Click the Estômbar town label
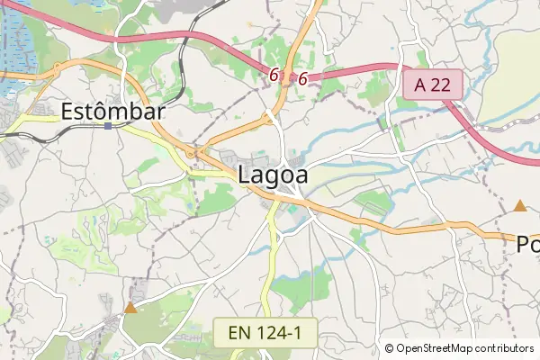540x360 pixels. pos(113,112)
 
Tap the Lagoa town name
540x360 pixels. pos(273,175)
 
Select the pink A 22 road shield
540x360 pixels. pos(433,86)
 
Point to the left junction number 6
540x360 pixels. pos(273,76)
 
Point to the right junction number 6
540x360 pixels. pos(302,79)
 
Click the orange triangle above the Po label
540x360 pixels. pos(519,206)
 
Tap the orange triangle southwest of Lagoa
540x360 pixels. pos(130,308)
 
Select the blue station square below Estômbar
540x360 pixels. pos(108,126)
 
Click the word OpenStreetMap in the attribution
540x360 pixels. pos(441,348)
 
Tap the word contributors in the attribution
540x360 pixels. pos(504,348)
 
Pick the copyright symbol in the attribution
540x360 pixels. pos(390,348)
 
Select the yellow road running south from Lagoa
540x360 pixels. pos(272,261)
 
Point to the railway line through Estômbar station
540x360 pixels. pos(54,129)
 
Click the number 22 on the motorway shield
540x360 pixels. pos(443,86)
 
